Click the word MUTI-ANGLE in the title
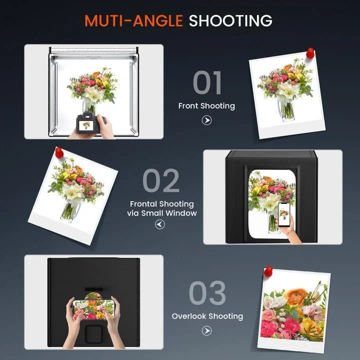(133, 21)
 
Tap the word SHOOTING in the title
(230, 21)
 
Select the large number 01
(207, 82)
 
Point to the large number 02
(161, 180)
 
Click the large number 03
(207, 292)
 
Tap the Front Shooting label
(206, 106)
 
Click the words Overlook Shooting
(207, 316)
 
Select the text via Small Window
(162, 213)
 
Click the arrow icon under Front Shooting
(206, 120)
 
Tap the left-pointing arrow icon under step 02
(160, 224)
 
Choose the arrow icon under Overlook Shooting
(206, 330)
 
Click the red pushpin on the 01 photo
(310, 53)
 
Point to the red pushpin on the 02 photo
(59, 152)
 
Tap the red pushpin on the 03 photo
(268, 271)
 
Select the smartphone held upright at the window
(284, 214)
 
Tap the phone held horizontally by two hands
(93, 309)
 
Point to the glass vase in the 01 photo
(286, 109)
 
